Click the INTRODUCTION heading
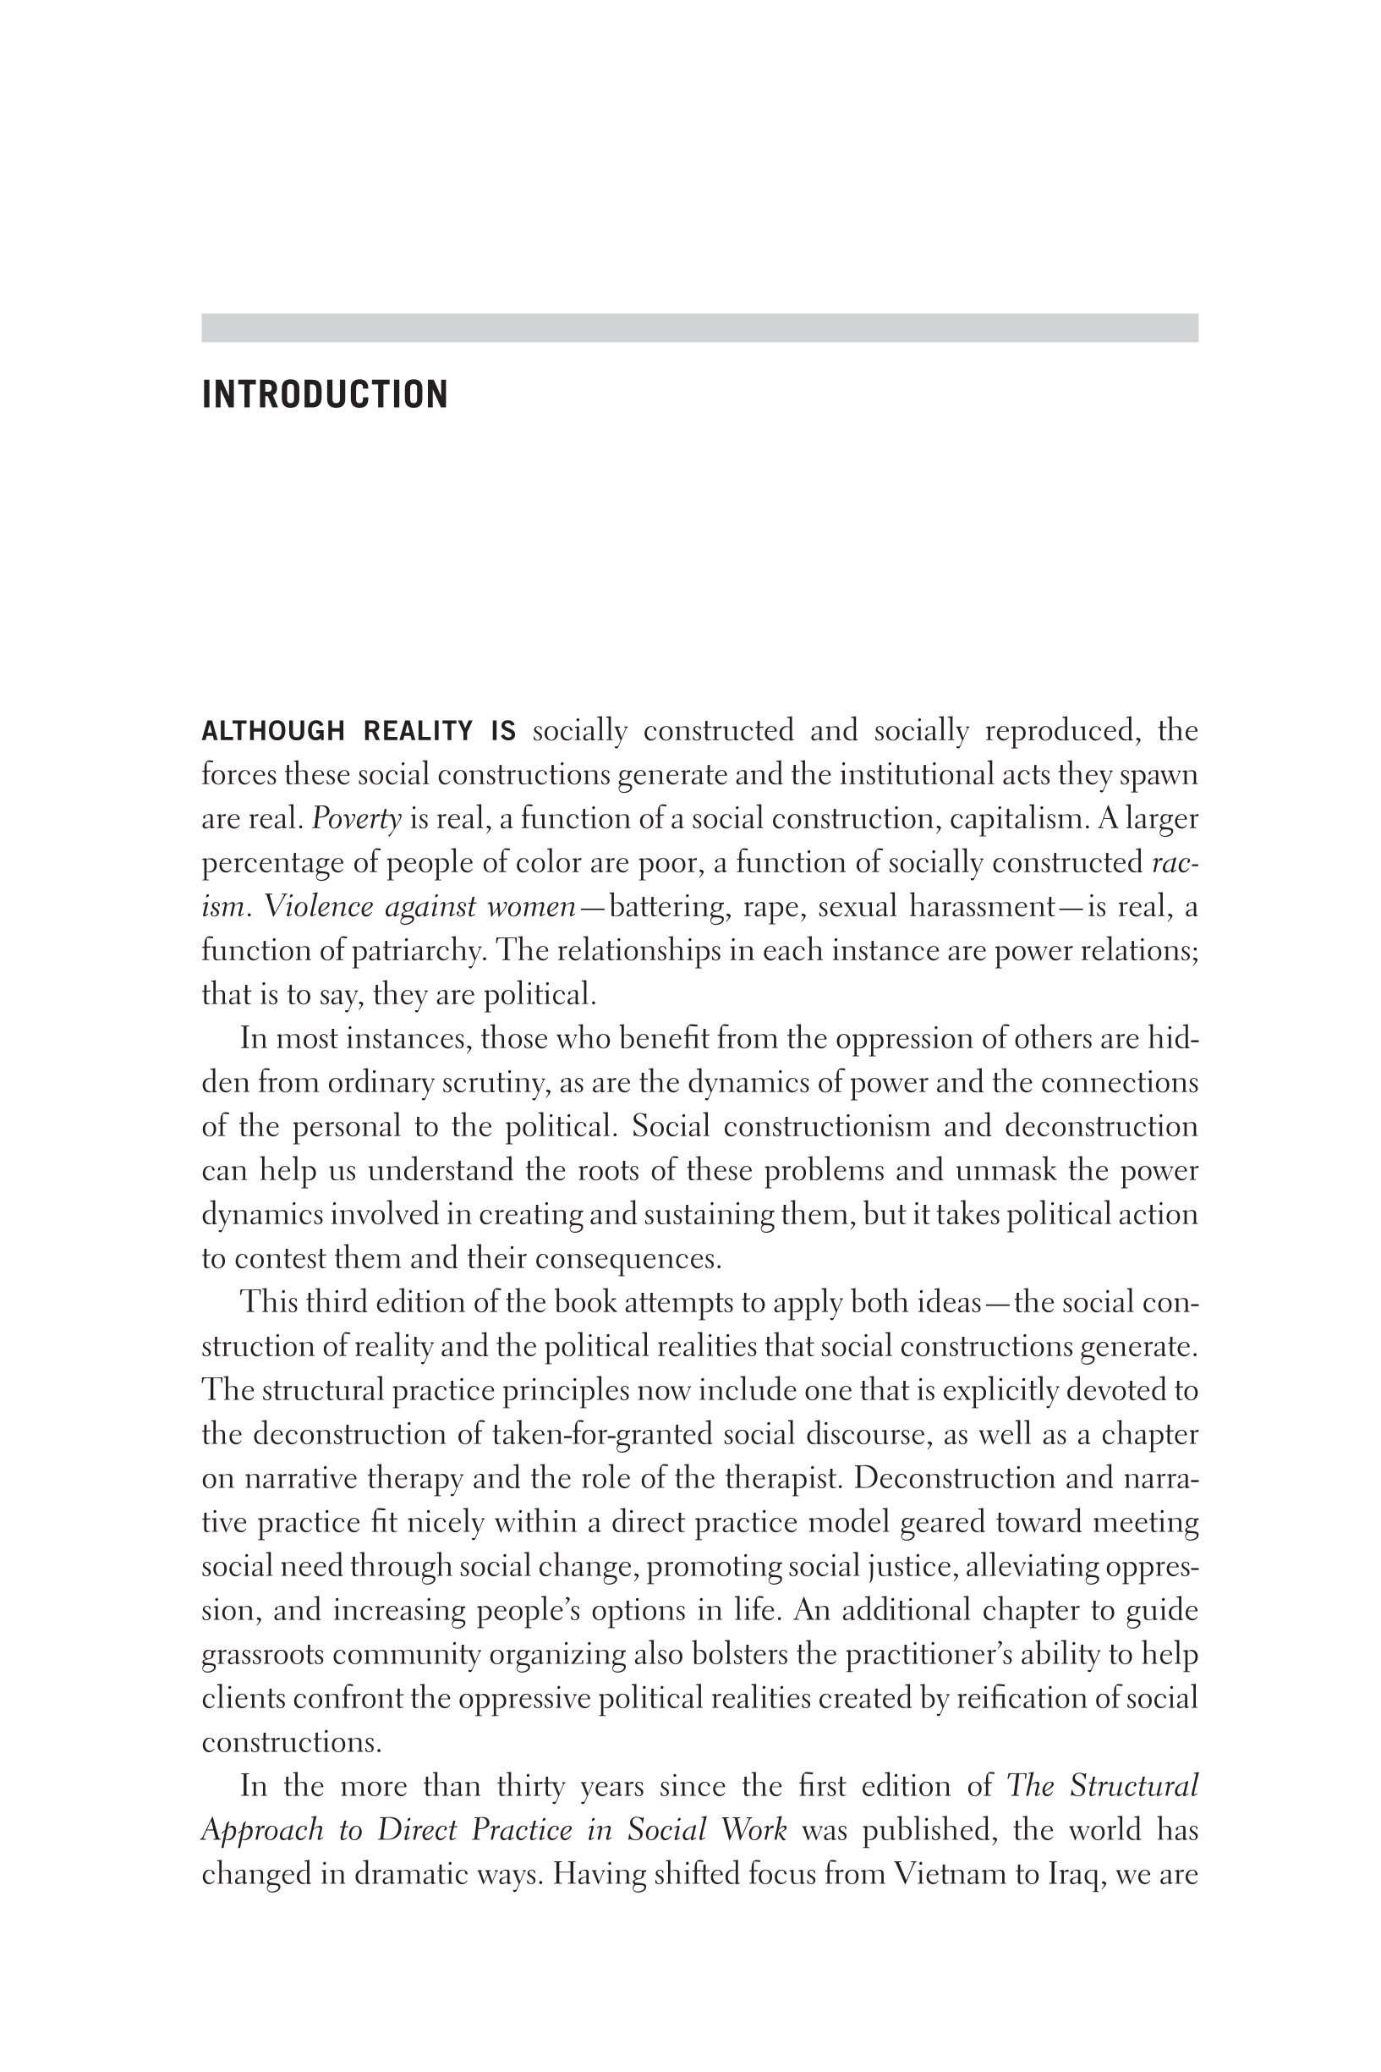pyautogui.click(x=325, y=394)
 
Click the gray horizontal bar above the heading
pyautogui.click(x=699, y=327)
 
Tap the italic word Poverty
pyautogui.click(x=357, y=819)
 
